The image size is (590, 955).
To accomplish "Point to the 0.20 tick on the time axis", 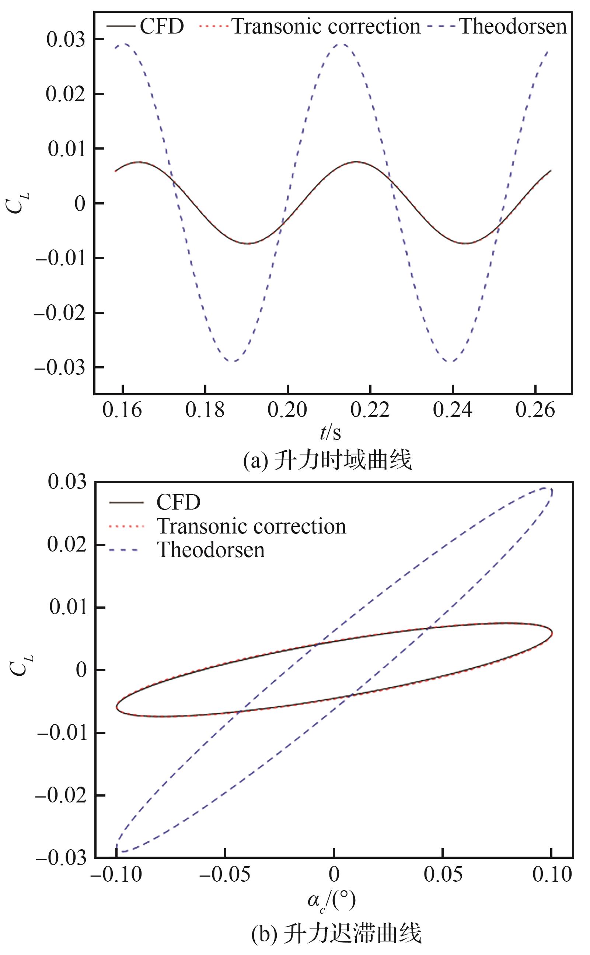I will click(287, 410).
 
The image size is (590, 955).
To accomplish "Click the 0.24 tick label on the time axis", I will click(453, 410).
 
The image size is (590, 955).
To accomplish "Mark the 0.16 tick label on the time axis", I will click(122, 410).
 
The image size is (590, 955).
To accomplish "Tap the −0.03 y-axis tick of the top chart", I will click(60, 367).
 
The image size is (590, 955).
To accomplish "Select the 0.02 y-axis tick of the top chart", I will click(66, 94).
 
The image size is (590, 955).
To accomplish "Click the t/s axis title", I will click(330, 433).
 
